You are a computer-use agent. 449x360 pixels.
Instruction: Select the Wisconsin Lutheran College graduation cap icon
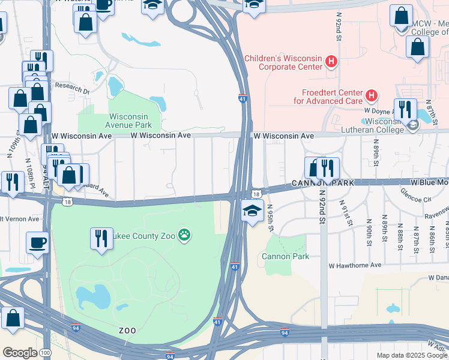pos(412,125)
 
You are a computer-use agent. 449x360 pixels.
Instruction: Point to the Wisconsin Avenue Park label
pos(130,121)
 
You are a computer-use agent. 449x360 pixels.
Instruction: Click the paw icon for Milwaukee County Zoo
pos(185,236)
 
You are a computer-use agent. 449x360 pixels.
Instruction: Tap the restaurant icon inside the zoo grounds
pos(101,238)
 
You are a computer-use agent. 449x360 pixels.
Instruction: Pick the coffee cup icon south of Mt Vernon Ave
pos(38,242)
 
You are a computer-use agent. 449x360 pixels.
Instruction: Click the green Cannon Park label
pos(285,257)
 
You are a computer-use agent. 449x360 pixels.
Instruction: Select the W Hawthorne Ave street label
pos(355,265)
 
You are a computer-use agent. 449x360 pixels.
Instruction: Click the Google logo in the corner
pos(20,353)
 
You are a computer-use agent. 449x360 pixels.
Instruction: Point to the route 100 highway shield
pos(46,353)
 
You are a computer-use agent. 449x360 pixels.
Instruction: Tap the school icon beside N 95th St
pos(252,210)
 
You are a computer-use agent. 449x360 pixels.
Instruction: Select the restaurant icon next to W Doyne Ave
pos(405,109)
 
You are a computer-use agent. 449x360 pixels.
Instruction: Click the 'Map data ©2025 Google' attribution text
pos(412,355)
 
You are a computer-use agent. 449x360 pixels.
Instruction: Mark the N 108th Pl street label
pos(28,171)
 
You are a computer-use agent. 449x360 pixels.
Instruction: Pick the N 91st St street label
pos(346,213)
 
